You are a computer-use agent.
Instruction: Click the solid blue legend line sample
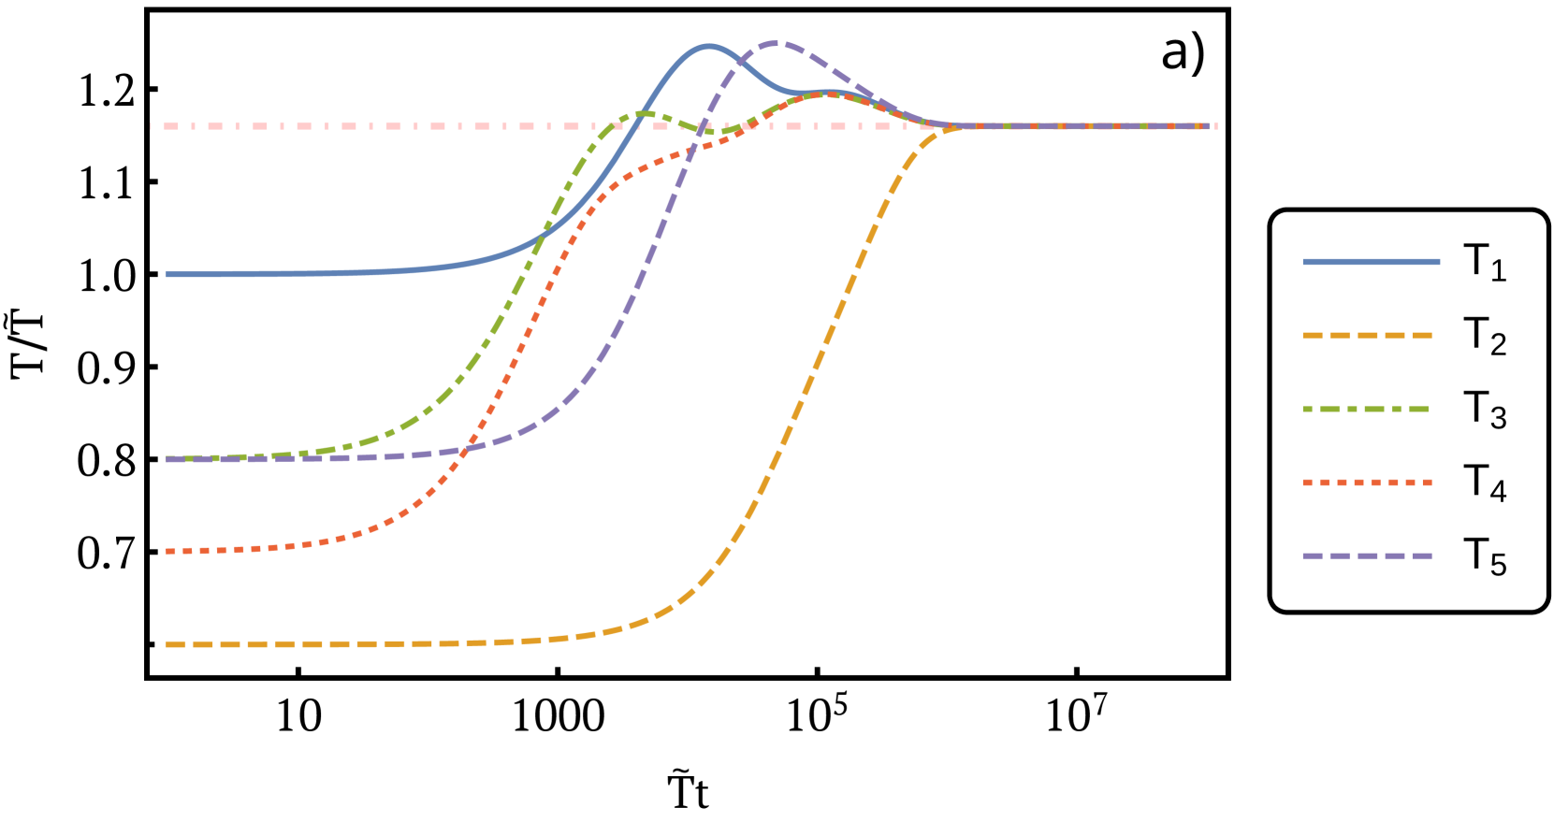1371,262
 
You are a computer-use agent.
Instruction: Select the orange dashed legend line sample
1367,335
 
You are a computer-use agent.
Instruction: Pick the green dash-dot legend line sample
1365,409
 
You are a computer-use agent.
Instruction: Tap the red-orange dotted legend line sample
1367,483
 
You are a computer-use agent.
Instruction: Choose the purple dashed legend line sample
1367,555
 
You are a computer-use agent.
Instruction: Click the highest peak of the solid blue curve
707,46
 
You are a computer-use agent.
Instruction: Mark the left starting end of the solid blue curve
167,274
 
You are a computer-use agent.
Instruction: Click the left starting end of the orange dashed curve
167,644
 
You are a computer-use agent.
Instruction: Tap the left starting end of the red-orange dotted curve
167,552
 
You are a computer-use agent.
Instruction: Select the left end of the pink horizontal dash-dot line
152,126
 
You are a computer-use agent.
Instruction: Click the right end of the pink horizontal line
1215,126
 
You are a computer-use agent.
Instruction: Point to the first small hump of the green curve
645,113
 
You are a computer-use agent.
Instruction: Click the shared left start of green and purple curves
167,459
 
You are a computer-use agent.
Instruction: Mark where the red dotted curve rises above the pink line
754,126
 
